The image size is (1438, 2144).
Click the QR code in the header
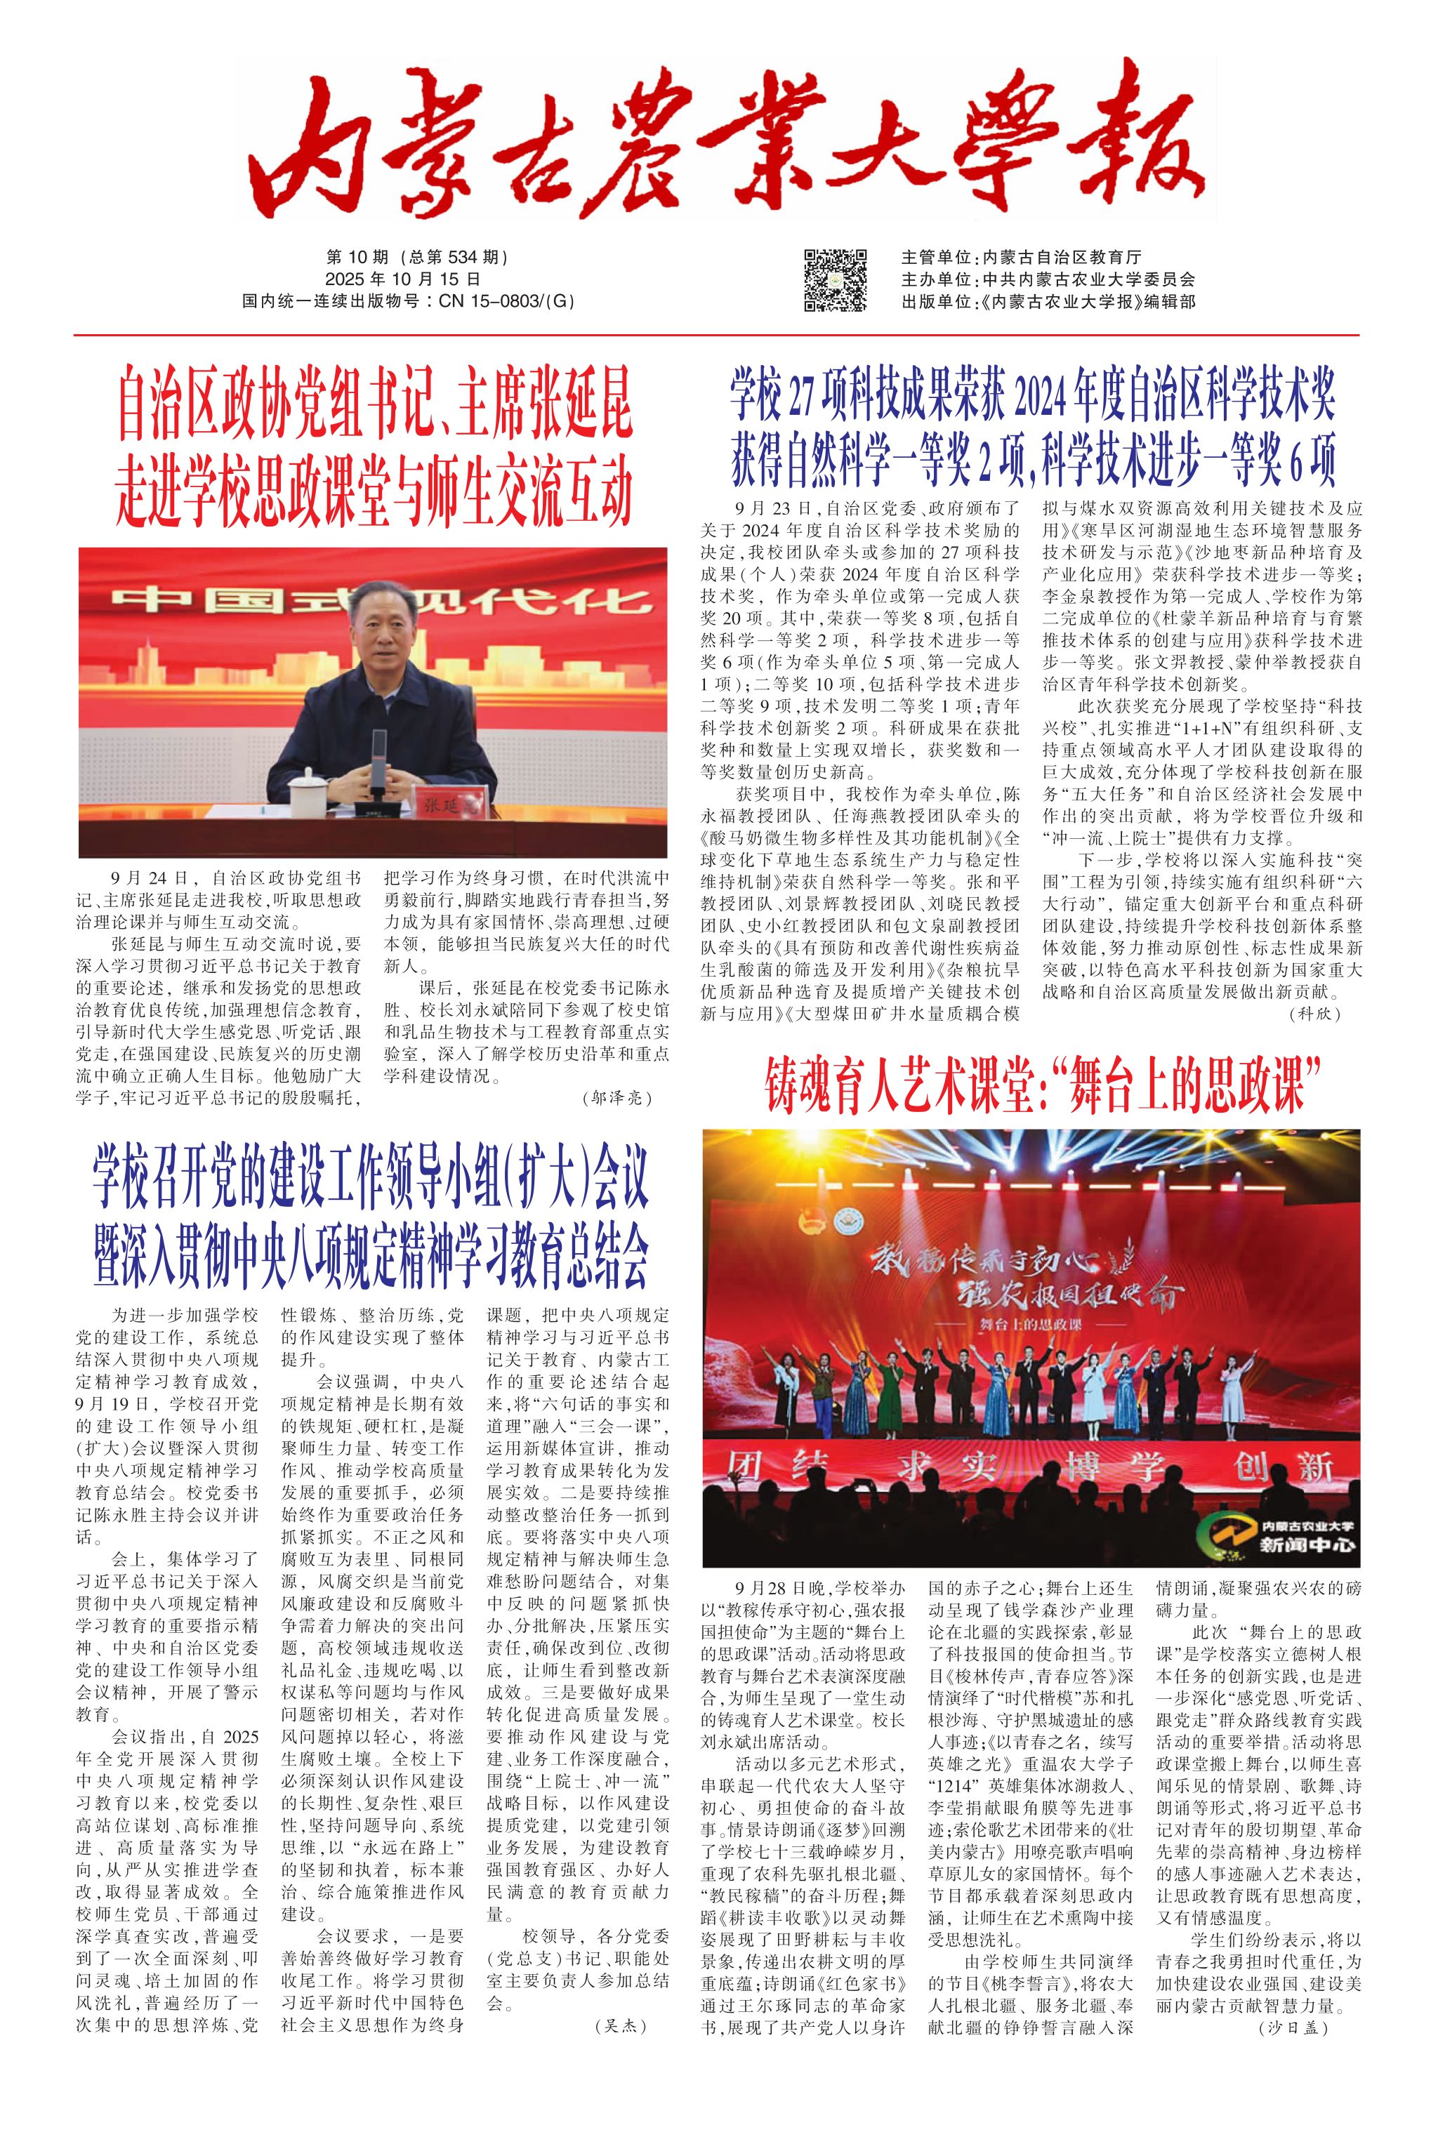coord(835,279)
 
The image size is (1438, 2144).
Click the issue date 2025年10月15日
coord(402,279)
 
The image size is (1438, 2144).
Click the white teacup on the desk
coord(305,795)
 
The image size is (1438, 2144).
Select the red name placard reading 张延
coord(447,805)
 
